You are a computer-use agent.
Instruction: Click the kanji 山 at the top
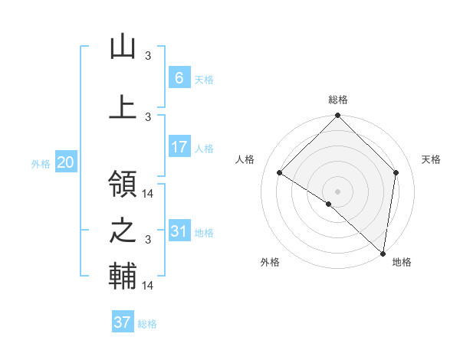point(123,48)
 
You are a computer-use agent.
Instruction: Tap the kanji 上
point(123,106)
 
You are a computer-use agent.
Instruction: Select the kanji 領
point(123,185)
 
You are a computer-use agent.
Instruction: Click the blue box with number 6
point(179,77)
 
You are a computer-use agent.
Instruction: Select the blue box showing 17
point(179,147)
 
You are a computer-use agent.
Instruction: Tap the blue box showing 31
point(179,231)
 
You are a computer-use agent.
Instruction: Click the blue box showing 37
point(122,322)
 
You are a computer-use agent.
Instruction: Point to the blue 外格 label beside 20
point(41,163)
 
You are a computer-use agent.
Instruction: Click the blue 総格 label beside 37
point(147,324)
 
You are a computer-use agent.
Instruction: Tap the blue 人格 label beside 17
point(204,149)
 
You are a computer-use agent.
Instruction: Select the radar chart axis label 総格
point(338,100)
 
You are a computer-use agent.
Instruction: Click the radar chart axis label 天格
point(431,159)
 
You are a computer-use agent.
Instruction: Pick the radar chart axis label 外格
point(269,262)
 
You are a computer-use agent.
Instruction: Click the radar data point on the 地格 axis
point(383,253)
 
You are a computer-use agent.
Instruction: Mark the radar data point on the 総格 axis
point(337,116)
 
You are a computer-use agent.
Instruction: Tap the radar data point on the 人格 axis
point(280,173)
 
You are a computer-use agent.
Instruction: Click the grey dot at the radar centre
point(337,191)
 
